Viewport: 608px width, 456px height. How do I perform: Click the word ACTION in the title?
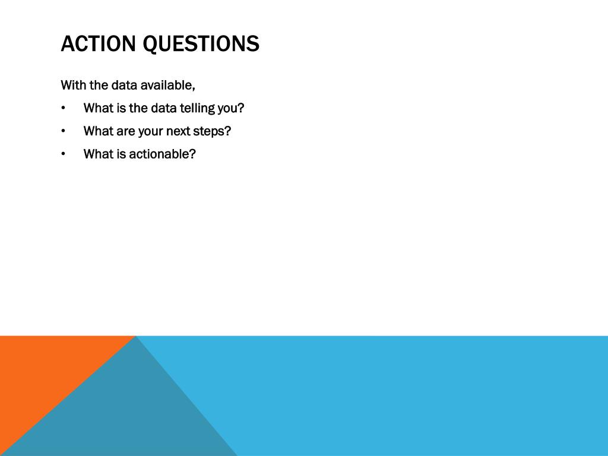pyautogui.click(x=98, y=43)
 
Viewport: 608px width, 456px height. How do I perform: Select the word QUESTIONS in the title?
pyautogui.click(x=201, y=44)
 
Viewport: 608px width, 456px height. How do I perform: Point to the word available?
pyautogui.click(x=167, y=85)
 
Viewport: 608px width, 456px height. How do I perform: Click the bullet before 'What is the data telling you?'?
pyautogui.click(x=63, y=108)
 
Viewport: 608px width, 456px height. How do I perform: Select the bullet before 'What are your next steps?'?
pyautogui.click(x=63, y=131)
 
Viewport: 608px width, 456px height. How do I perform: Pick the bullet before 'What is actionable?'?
pyautogui.click(x=63, y=154)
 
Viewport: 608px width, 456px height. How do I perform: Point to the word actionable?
pyautogui.click(x=163, y=154)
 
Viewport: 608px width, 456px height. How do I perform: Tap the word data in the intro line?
pyautogui.click(x=124, y=85)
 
